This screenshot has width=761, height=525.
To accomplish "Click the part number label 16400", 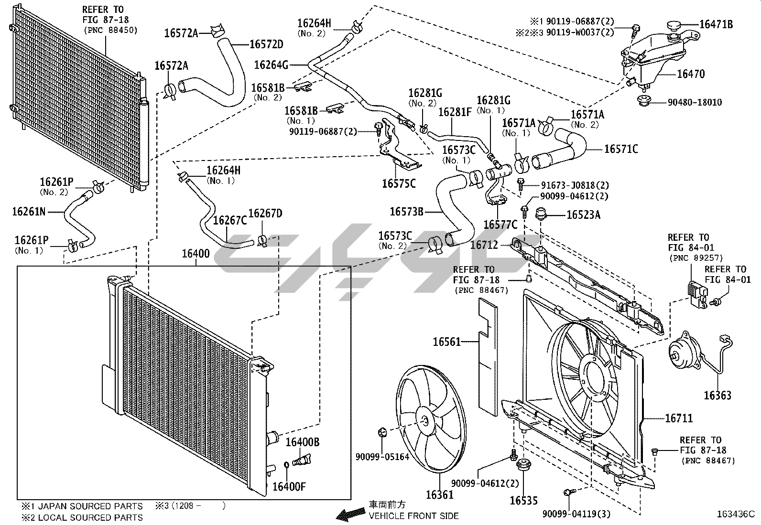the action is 196,254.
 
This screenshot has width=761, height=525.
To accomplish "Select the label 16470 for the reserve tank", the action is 691,74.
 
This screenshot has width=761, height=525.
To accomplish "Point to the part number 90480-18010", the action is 695,102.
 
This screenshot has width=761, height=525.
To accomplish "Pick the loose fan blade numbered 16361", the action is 431,419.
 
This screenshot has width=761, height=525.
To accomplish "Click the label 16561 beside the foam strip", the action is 447,342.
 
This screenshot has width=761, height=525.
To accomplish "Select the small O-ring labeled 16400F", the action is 286,465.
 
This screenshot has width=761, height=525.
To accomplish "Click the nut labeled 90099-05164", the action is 382,432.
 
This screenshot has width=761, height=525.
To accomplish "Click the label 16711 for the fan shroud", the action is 679,418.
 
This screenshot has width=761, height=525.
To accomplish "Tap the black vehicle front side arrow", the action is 350,514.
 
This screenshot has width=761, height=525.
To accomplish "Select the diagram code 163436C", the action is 736,514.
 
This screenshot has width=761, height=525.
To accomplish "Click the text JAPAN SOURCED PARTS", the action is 90,506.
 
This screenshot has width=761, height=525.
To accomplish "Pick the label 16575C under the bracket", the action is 399,184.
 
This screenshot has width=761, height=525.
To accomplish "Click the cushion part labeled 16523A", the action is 541,214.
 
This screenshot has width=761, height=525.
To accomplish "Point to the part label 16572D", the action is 266,44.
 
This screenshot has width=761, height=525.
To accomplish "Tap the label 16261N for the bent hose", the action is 29,212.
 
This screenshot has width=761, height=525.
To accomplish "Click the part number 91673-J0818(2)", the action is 575,185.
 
